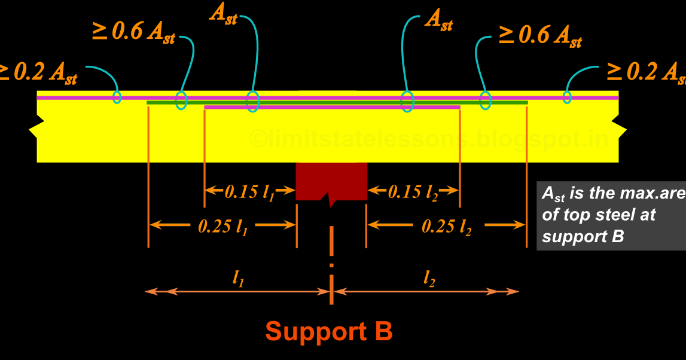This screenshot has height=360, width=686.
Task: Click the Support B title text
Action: [328, 331]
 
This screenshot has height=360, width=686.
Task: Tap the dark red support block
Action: [331, 181]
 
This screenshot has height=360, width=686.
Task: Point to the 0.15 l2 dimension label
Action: [413, 192]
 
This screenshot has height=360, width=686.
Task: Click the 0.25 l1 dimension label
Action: [222, 226]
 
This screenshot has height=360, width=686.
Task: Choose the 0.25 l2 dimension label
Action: [446, 227]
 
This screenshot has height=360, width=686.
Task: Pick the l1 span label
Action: [238, 278]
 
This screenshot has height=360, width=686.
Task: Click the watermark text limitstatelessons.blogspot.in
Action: [428, 140]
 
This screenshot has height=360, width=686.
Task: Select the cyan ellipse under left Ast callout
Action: [253, 100]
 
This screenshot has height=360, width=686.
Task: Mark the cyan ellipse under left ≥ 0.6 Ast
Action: [181, 100]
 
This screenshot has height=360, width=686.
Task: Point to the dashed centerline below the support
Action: [331, 251]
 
